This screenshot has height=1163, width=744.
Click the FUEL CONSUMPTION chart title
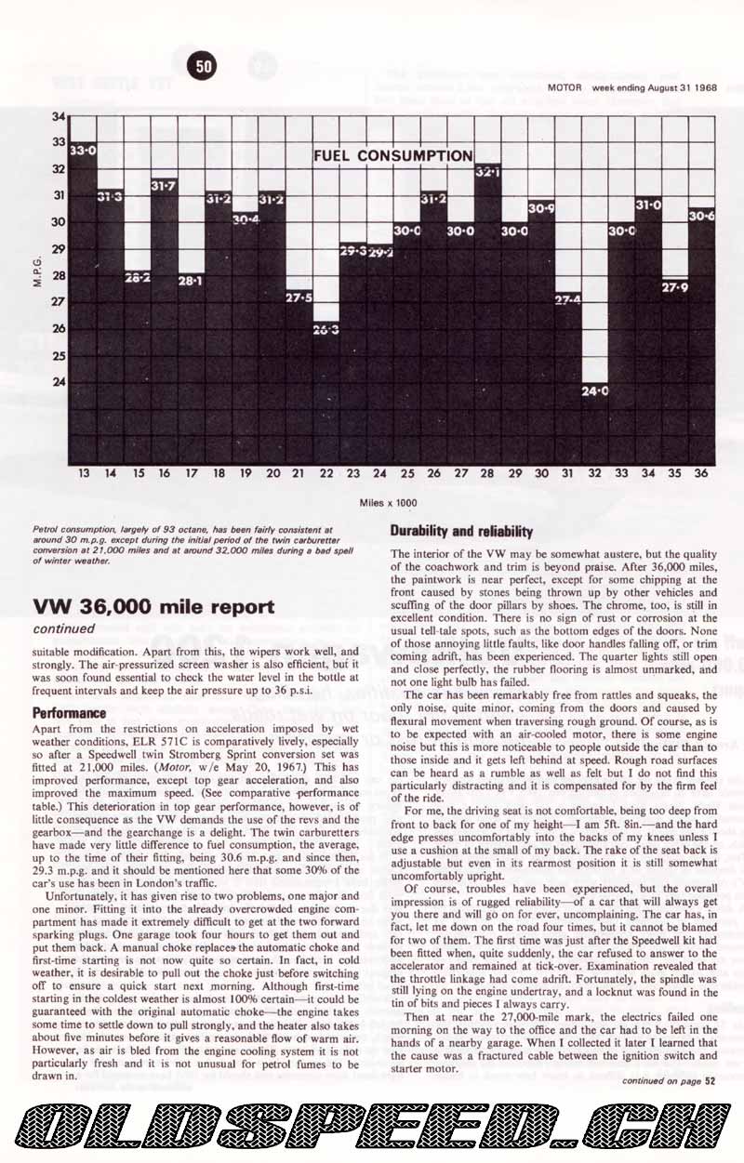(x=393, y=155)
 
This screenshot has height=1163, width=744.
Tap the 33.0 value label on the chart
(x=83, y=149)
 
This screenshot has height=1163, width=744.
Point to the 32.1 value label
(x=487, y=172)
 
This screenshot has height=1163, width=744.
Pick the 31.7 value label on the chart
(x=164, y=185)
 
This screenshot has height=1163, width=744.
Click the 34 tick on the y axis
(x=59, y=116)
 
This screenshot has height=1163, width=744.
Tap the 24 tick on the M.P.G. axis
(x=59, y=382)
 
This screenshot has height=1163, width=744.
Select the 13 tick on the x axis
(x=84, y=473)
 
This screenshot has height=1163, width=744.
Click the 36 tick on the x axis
(x=701, y=473)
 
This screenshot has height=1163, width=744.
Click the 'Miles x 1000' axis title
(x=389, y=502)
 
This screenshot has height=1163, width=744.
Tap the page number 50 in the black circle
(x=204, y=66)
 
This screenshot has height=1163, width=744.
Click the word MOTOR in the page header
(x=565, y=87)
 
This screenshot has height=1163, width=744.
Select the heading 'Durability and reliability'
(x=461, y=532)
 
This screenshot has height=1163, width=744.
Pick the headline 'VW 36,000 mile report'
(x=153, y=607)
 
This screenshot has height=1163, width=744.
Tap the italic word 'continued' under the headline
(x=63, y=629)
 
